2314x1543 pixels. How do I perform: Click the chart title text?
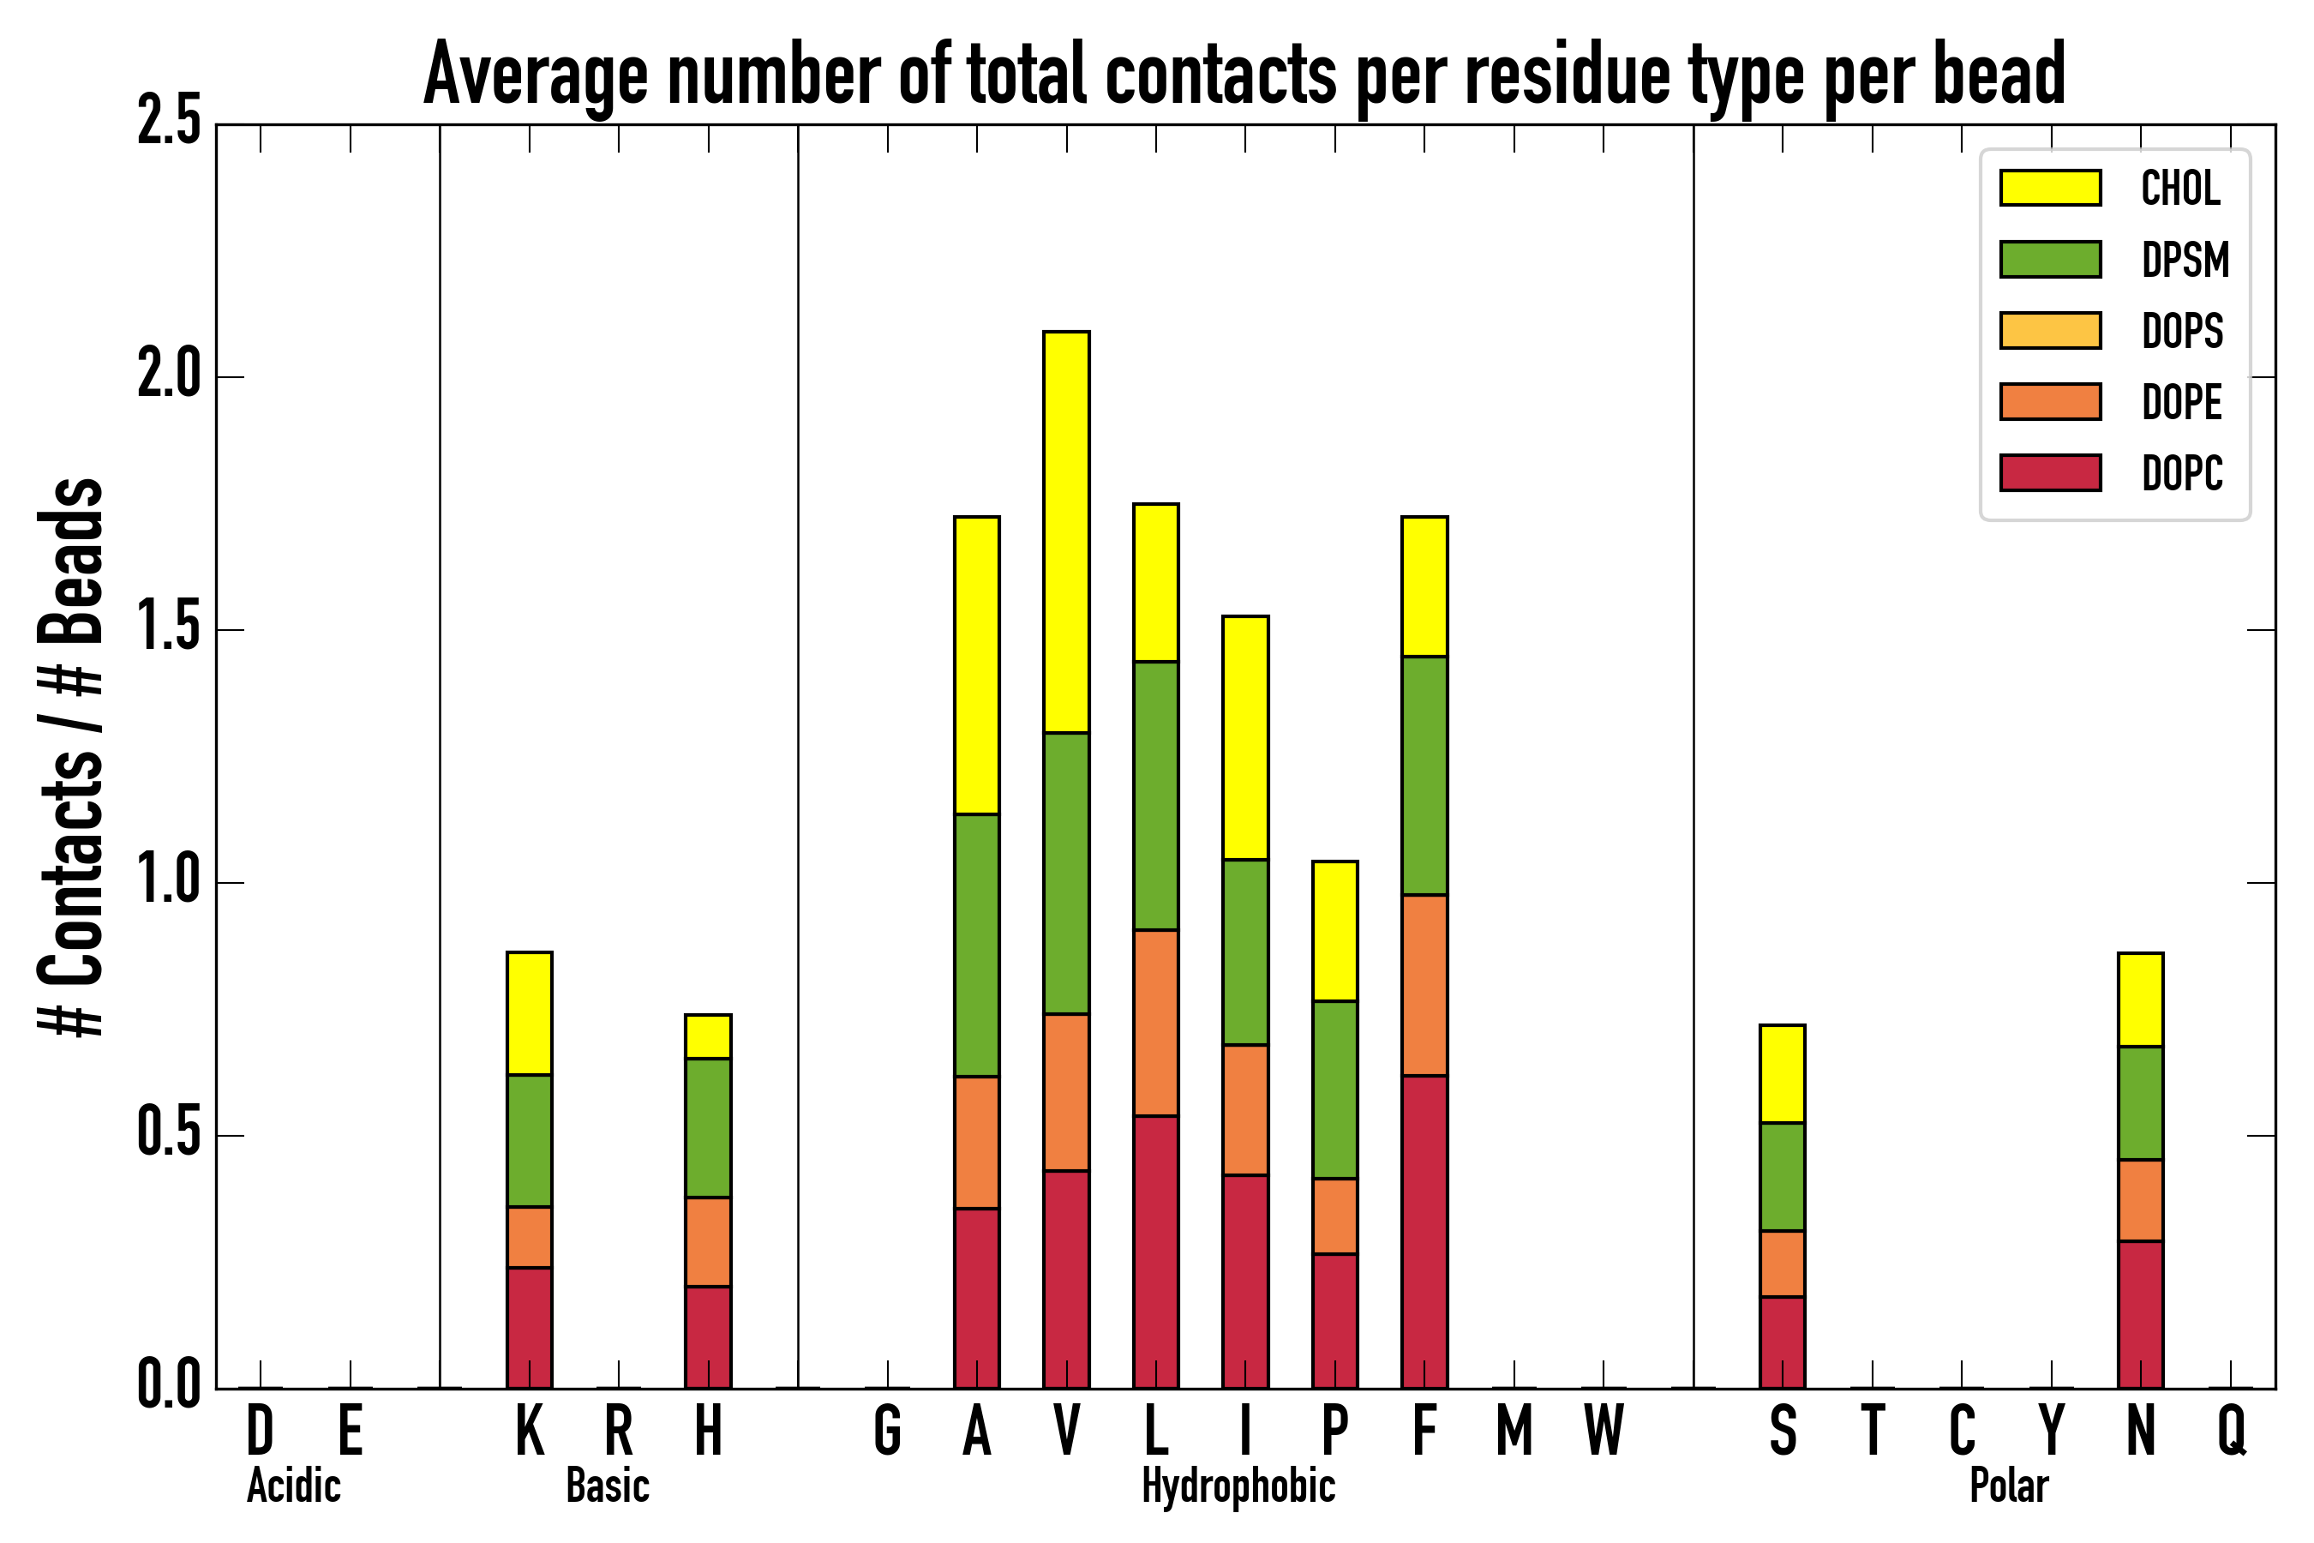(1244, 75)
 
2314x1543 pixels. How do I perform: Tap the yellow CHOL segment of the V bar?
(1066, 532)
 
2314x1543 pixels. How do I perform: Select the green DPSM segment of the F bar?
(1424, 776)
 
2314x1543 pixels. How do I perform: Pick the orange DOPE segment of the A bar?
(977, 1142)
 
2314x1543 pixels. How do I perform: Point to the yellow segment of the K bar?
(530, 1013)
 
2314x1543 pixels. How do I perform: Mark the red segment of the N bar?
(2141, 1314)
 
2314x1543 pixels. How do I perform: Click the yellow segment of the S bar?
(1783, 1073)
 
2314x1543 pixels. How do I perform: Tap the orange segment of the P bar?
(1335, 1216)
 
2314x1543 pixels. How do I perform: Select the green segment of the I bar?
(1245, 952)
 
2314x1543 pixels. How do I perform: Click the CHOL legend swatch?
(2050, 188)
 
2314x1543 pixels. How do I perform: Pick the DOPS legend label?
(2182, 331)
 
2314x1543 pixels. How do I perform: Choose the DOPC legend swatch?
(2050, 472)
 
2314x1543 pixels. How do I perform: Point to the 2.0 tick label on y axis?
(168, 376)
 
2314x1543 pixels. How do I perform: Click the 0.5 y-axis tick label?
(168, 1135)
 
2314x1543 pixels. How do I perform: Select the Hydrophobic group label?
(1238, 1486)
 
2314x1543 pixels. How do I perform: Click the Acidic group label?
(293, 1486)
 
